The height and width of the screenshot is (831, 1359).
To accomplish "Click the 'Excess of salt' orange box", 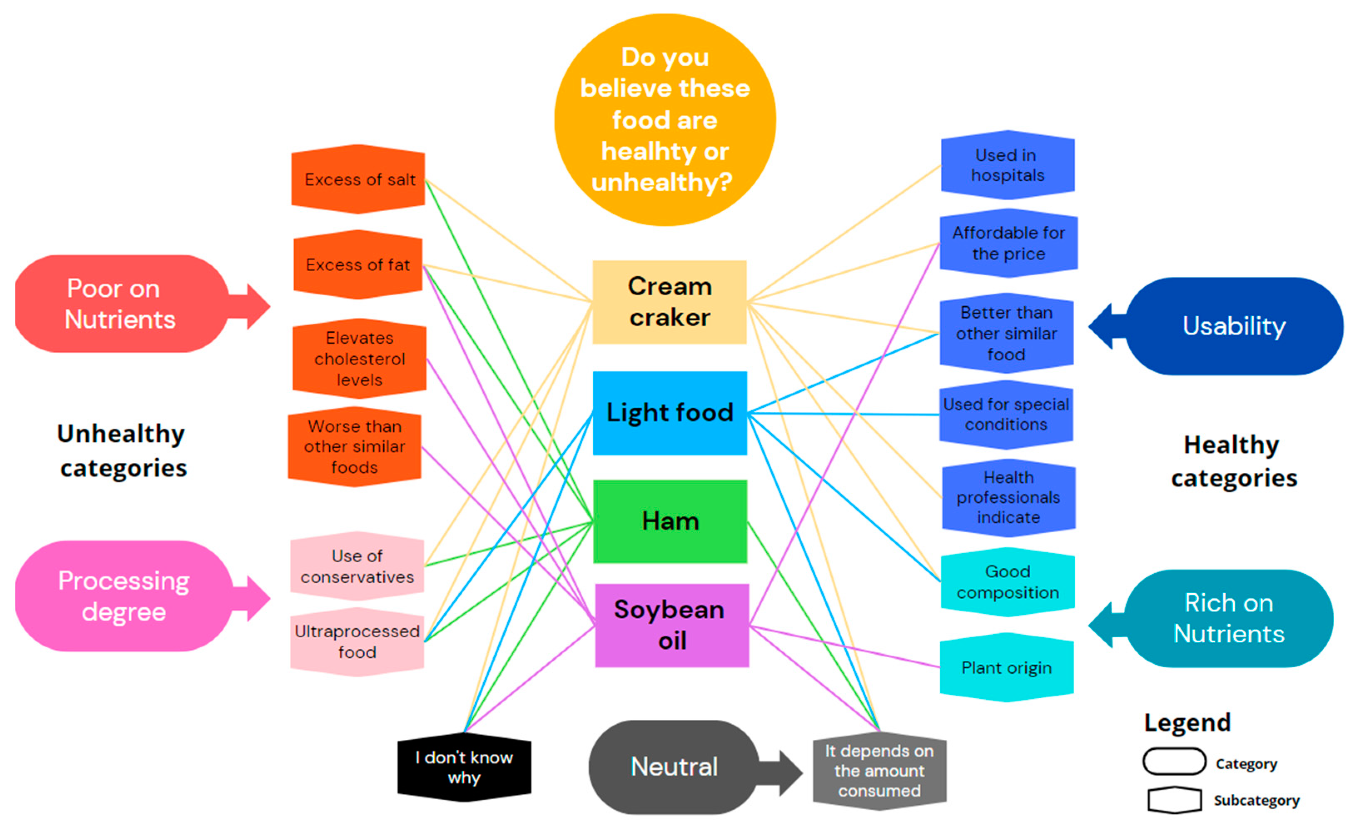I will [358, 180].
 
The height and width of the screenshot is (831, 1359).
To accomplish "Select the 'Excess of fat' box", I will [358, 265].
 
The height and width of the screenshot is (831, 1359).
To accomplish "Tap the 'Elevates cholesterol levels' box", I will [359, 359].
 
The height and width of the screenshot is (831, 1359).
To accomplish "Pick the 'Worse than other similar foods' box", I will [355, 447].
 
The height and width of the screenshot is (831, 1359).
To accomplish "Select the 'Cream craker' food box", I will [670, 302].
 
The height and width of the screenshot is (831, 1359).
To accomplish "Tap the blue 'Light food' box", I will [670, 413].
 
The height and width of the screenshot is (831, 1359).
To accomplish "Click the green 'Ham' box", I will [670, 521].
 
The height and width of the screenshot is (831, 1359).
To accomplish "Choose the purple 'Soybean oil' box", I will [672, 625].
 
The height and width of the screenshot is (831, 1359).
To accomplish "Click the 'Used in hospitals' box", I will [1008, 165].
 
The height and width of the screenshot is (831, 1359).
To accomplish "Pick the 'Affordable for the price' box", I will [1008, 243].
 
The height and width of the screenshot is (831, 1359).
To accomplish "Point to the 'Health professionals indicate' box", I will [1008, 497].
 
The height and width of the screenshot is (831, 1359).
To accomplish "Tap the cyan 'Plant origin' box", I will [1006, 668].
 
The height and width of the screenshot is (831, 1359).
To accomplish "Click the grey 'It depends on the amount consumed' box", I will [879, 771].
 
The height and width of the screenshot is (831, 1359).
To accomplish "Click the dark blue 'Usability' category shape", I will [1233, 326].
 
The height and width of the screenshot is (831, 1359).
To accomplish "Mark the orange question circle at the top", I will [665, 120].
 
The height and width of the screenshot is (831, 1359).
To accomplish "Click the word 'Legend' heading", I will [1187, 722].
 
